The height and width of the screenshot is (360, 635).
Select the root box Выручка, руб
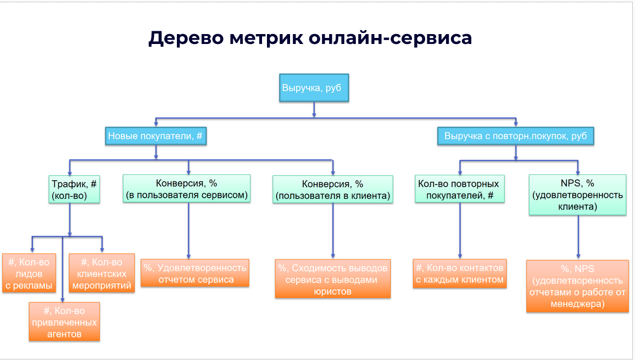click(314, 88)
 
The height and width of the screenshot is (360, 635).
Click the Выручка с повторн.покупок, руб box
click(516, 136)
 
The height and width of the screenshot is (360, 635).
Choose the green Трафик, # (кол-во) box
click(74, 189)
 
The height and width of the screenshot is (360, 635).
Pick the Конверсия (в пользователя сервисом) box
click(187, 189)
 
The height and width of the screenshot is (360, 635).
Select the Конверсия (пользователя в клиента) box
click(333, 190)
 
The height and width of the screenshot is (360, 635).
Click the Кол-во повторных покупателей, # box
click(459, 190)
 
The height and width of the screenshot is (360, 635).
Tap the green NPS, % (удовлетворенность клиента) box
click(577, 195)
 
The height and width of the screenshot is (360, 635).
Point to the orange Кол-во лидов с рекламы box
click(31, 273)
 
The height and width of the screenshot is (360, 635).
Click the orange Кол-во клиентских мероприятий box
click(102, 273)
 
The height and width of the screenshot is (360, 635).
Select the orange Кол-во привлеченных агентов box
click(64, 322)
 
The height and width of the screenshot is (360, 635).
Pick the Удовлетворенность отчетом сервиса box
click(194, 273)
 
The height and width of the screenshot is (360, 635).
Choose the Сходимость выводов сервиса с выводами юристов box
click(333, 279)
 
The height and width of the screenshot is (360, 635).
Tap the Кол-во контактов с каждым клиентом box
click(460, 273)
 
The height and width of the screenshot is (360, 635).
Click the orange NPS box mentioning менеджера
click(577, 286)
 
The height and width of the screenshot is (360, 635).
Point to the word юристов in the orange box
click(333, 291)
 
